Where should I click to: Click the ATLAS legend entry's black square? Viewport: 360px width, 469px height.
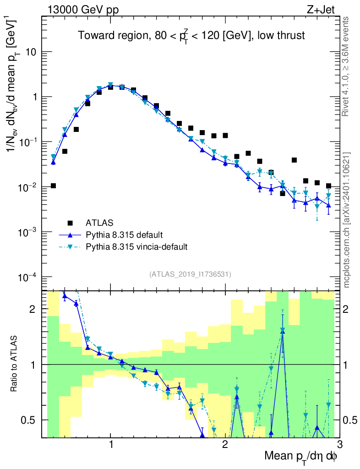(x=70, y=223)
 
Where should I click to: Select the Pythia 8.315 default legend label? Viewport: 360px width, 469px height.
(x=124, y=235)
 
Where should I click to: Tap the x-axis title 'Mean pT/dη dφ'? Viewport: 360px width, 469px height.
(x=301, y=456)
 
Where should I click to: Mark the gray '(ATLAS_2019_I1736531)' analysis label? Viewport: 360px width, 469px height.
(x=190, y=274)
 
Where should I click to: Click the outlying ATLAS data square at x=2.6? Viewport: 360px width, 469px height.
(x=294, y=160)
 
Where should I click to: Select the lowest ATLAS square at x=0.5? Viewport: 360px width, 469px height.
(x=53, y=185)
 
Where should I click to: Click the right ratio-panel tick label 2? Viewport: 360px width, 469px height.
(x=352, y=310)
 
